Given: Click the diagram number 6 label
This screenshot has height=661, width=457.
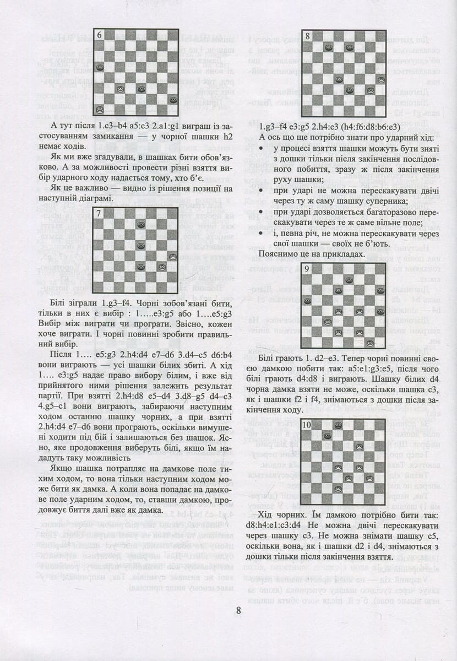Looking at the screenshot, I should click(100, 35).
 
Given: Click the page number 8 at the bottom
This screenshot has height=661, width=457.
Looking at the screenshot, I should click(238, 610).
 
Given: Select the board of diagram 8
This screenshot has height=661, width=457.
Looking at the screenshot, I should click(343, 73).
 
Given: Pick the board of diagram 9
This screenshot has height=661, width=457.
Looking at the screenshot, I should click(343, 306).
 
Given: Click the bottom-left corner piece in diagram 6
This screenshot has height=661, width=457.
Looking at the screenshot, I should click(100, 110).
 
